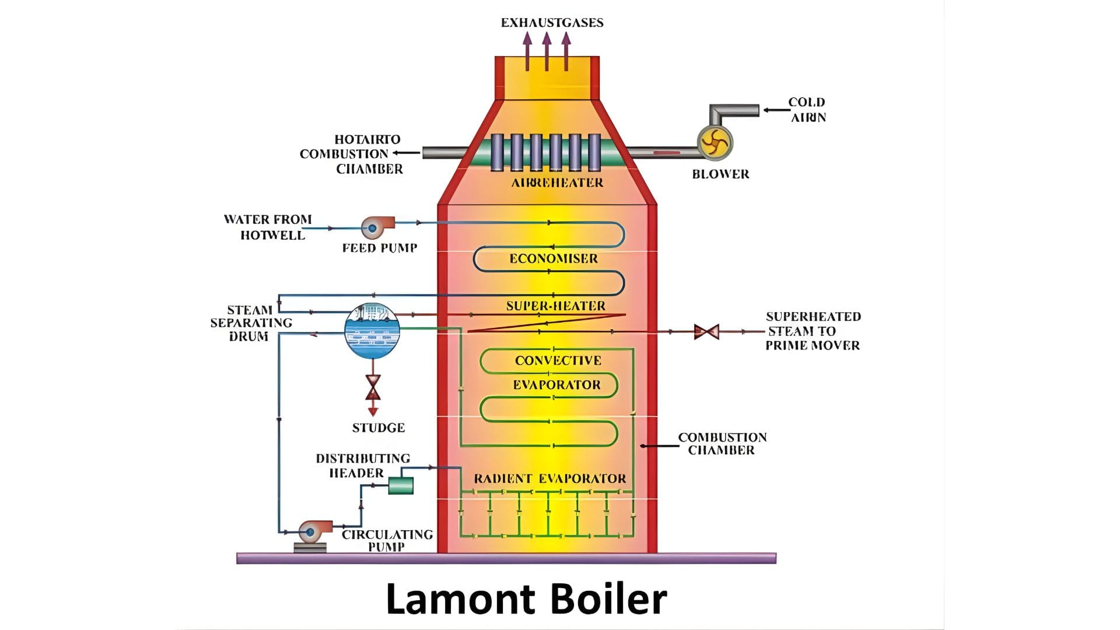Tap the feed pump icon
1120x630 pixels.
tap(374, 228)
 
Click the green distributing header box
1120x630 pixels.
tap(401, 485)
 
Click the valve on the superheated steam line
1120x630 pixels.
tap(706, 332)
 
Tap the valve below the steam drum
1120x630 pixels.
tap(373, 387)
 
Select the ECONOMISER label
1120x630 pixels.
tap(554, 258)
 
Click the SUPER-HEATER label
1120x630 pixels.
tap(555, 306)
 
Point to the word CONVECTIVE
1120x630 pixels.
tap(558, 360)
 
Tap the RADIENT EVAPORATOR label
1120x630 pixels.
tap(549, 479)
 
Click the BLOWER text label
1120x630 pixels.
tap(720, 174)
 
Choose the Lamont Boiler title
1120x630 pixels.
tap(526, 598)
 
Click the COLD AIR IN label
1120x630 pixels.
tap(807, 110)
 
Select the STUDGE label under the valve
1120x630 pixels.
tap(378, 428)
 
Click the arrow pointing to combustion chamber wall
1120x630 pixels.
tap(659, 446)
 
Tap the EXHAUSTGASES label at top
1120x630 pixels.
tap(552, 23)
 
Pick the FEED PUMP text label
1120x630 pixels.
tap(380, 248)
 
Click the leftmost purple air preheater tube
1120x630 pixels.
tap(497, 152)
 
